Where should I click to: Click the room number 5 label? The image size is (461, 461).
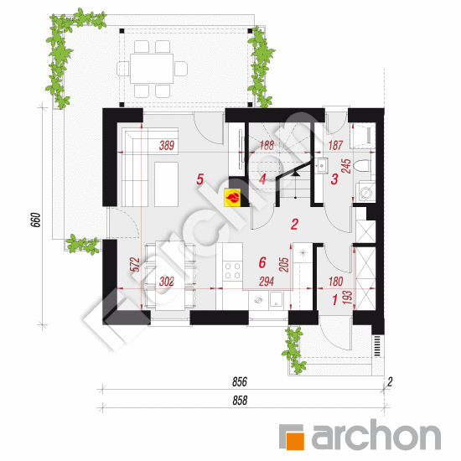[199, 179]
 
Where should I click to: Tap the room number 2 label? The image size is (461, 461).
[294, 224]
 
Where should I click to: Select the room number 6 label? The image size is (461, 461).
[262, 262]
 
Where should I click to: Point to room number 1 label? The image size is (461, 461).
[335, 298]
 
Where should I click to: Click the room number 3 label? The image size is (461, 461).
[334, 179]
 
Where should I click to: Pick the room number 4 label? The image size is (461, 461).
[262, 179]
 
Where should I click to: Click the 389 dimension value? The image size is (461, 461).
[166, 146]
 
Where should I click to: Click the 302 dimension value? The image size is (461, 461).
[166, 282]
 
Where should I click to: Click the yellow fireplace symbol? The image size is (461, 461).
[234, 198]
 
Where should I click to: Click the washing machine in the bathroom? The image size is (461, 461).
[366, 191]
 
